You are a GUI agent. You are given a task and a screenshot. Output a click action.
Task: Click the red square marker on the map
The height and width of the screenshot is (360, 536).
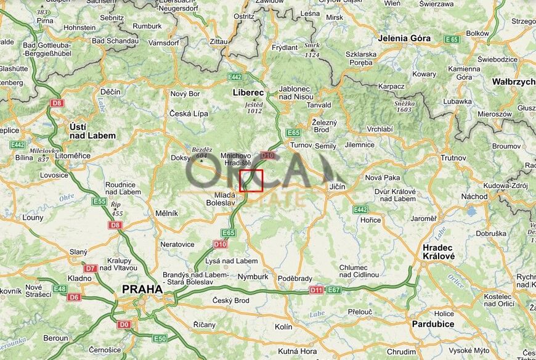coord(251,181)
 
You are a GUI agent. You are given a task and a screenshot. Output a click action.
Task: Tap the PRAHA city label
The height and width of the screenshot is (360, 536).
coord(142,288)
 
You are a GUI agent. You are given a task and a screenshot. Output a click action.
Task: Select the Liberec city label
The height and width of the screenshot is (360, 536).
coord(248,92)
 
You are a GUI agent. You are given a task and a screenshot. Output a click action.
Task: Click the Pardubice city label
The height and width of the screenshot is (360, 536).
coord(433,324)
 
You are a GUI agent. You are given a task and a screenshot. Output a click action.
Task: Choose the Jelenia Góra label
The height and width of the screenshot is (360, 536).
coord(404,38)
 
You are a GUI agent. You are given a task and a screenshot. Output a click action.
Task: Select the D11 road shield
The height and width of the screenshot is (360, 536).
coord(316,290)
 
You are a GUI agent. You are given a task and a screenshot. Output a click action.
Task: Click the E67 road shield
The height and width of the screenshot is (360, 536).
coord(334,290)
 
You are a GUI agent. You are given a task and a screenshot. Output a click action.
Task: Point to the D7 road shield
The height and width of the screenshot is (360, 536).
coord(91,268)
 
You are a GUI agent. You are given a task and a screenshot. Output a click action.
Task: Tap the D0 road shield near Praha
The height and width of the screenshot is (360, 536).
coord(124,324)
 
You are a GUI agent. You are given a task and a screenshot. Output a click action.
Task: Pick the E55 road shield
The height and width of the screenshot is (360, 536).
coord(99,201)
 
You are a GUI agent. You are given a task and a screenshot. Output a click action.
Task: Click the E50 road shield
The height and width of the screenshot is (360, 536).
coord(160,338)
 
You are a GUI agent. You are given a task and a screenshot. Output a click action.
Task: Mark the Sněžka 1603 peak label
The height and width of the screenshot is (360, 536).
coord(404,106)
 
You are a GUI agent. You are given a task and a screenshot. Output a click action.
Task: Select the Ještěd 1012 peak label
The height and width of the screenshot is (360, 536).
coord(254,108)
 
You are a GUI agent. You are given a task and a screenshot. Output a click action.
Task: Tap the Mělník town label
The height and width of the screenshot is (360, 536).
coord(166,213)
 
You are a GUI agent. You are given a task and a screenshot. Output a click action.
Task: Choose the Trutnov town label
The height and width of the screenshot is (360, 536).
coord(453,158)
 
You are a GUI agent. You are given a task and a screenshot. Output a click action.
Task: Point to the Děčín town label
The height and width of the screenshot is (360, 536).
coord(110,92)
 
